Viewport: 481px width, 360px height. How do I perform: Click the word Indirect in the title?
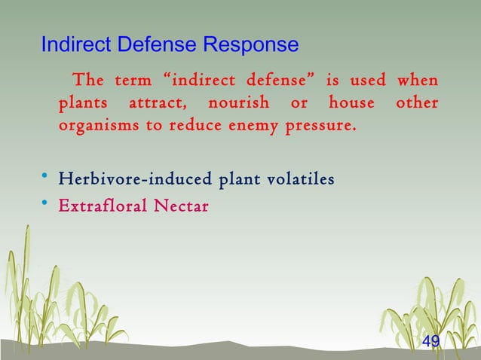(71, 45)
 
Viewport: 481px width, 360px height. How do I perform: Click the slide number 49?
(430, 343)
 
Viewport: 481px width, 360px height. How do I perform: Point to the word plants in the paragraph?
(79, 102)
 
